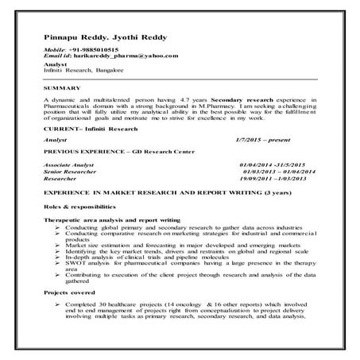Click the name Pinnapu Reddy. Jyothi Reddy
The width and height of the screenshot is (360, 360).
97,37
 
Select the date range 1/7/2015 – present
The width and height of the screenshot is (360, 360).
265,138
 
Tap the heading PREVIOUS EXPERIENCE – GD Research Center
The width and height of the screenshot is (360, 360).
114,149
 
